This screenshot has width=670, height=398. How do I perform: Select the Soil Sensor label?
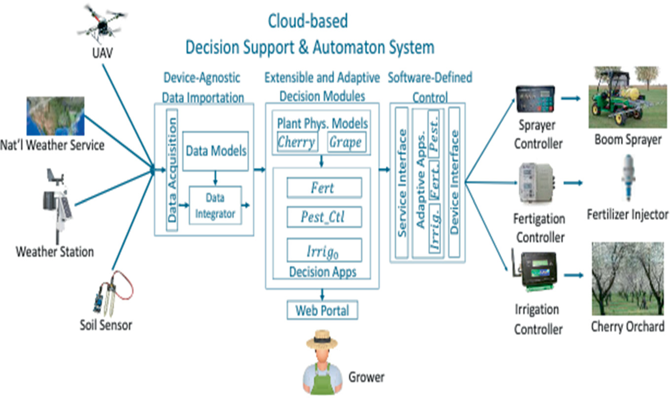(x=106, y=325)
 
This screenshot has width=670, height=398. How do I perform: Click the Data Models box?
(x=215, y=151)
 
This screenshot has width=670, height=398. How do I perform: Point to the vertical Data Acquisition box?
(x=172, y=171)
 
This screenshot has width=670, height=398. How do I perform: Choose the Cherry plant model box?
(x=297, y=143)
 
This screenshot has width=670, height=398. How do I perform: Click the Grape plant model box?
(x=347, y=143)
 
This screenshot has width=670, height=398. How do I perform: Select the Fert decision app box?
(x=324, y=188)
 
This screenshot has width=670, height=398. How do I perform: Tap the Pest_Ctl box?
(x=324, y=217)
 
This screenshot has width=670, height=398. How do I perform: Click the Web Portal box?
(x=322, y=310)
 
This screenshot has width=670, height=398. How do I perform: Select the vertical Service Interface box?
(x=402, y=182)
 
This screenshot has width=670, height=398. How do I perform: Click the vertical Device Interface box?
(x=454, y=182)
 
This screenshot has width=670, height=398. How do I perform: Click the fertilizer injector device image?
(x=628, y=177)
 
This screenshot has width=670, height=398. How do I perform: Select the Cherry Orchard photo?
(x=628, y=279)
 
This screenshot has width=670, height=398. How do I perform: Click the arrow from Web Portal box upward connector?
(x=322, y=295)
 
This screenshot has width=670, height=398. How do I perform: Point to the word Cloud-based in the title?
(x=308, y=21)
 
